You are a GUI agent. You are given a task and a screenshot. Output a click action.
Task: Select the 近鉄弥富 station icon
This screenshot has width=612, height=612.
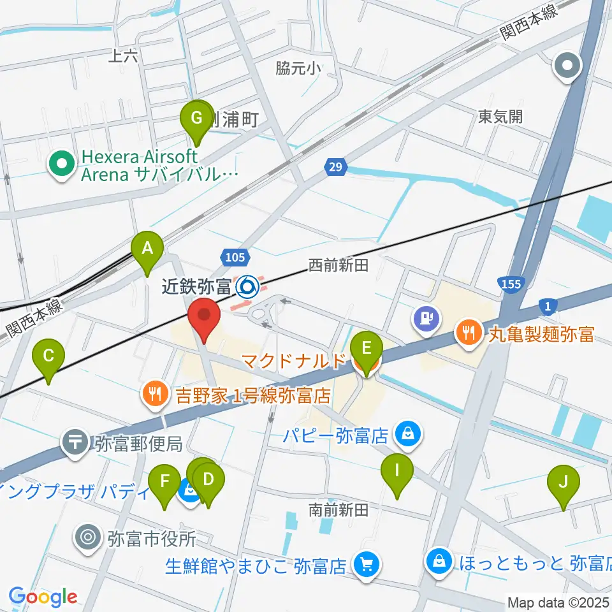246,287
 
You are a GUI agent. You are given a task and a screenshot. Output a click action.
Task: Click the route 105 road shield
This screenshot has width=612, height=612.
234,257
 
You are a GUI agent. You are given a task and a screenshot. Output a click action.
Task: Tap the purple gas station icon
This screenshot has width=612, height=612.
425,317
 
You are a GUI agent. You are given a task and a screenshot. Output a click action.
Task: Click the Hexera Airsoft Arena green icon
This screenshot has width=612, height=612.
62,165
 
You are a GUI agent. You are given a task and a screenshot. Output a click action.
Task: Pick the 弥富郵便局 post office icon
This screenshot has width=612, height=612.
75,441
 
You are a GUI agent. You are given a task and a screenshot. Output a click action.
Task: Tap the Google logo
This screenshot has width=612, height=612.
43,597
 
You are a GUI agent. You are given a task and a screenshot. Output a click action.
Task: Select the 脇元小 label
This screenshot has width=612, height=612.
298,68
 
